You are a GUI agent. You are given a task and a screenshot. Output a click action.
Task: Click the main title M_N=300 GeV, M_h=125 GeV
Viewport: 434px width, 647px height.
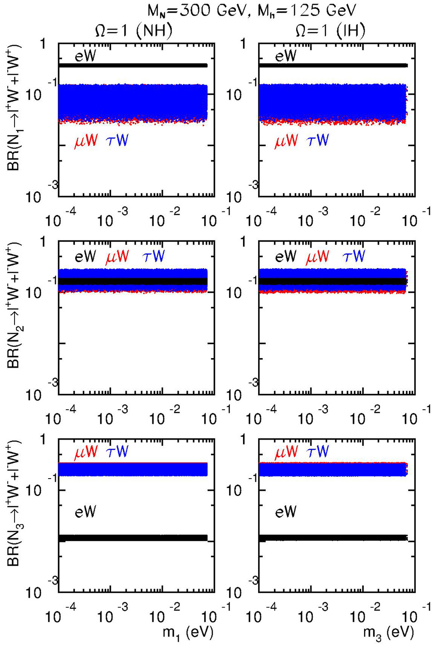coord(252,10)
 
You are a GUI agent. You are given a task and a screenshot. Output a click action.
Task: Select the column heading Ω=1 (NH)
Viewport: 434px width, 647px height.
coord(133,31)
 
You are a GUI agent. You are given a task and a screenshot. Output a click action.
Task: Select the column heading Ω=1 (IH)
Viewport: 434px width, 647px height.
coord(330,31)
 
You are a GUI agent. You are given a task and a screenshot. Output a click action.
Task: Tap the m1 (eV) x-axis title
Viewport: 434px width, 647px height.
coord(188,633)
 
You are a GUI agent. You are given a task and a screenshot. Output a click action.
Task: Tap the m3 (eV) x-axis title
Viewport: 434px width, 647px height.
coord(388,633)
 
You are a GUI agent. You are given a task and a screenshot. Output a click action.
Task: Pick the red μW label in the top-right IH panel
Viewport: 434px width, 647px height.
coord(286,141)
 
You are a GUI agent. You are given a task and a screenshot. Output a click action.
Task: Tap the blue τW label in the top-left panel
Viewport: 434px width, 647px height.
coord(117,141)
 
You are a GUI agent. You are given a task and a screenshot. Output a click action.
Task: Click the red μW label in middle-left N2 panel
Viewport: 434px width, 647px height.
coord(117,257)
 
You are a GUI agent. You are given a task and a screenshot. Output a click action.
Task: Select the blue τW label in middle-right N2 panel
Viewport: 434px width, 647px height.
coord(353,257)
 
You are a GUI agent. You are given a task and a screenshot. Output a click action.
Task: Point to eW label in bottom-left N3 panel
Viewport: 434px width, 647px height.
coord(85,512)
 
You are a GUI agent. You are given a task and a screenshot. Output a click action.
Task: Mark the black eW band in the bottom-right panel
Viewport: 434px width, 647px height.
coord(333,538)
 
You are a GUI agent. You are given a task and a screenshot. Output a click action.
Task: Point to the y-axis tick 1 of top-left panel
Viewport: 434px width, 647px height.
coord(43,44)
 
